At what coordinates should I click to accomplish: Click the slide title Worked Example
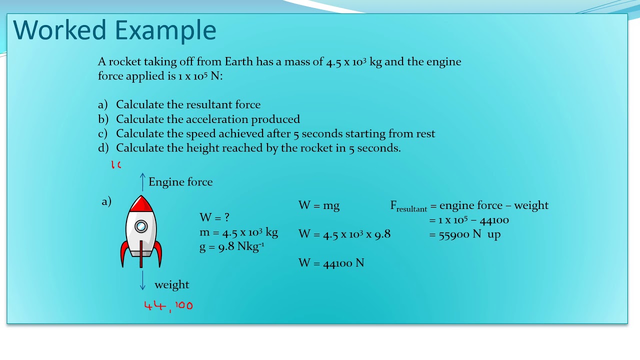tap(114, 30)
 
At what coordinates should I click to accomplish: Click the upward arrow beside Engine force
tap(142, 182)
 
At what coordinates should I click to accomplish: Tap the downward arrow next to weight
tap(142, 280)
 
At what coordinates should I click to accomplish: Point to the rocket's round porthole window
tap(141, 226)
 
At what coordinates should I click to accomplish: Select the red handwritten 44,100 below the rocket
tap(168, 305)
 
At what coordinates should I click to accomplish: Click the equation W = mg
tap(319, 205)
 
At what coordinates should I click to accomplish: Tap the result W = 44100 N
tap(331, 263)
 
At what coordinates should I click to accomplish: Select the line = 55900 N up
tap(465, 234)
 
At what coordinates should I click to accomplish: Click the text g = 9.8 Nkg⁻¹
tap(231, 246)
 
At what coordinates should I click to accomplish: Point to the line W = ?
tap(214, 217)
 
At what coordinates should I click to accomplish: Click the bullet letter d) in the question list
tap(103, 148)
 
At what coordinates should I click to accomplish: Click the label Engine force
tap(180, 182)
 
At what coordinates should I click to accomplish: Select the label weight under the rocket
tap(171, 285)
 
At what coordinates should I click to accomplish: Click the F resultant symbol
tap(408, 206)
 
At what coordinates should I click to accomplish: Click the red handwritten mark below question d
tap(116, 164)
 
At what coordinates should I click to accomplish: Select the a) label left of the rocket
tap(106, 201)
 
